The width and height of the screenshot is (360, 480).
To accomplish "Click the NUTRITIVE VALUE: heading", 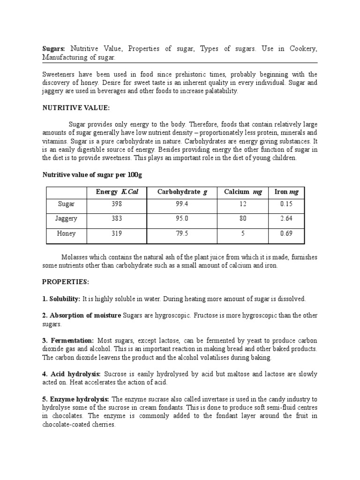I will pos(76,108).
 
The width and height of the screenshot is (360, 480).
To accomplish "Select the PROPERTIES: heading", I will pos(65,282).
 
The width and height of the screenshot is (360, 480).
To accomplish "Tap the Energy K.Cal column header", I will pos(117,192).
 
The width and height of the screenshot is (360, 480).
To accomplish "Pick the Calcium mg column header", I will pos(243,192).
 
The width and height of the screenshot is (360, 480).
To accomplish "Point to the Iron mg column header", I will pos(286,192).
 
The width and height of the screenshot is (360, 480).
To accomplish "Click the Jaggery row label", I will pos(66,218).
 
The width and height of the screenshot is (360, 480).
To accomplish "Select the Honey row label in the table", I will pos(66,233).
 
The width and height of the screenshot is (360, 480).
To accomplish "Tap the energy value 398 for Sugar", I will pos(117,204).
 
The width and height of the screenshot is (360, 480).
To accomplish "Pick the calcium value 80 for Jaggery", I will pos(243,218).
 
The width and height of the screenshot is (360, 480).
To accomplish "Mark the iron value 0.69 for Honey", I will pos(286,233).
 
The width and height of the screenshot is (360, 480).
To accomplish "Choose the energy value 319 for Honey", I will pos(117,233).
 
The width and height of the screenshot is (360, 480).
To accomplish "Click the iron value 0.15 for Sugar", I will pos(286,204).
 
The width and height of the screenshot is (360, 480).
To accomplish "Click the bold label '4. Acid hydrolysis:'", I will pos(71,374).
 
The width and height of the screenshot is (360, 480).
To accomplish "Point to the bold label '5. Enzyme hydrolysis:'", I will pos(75,399).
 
